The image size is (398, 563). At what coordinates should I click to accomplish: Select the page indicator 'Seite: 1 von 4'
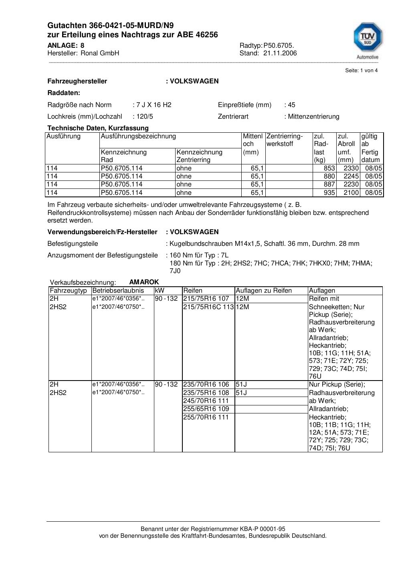(361, 71)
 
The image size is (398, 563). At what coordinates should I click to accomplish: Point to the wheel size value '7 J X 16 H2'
(154, 105)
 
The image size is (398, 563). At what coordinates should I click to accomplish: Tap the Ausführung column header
(63, 136)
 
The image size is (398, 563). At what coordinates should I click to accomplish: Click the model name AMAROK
(144, 282)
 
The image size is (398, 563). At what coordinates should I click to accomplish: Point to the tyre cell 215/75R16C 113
(208, 307)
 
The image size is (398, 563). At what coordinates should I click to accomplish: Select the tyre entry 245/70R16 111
(206, 401)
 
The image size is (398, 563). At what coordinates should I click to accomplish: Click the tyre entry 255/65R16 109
(206, 409)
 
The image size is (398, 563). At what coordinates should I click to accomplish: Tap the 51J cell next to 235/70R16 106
(241, 385)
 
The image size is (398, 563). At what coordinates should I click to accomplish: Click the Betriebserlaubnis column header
(118, 291)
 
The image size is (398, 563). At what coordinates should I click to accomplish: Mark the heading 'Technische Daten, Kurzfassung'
(98, 128)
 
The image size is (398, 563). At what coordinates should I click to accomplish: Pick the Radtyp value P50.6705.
(279, 45)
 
